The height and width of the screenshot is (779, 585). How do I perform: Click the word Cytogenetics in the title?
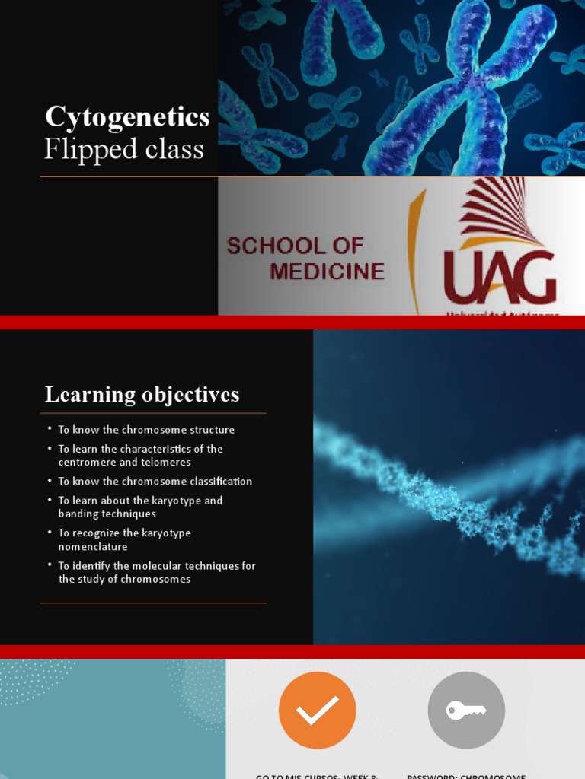[x=127, y=117]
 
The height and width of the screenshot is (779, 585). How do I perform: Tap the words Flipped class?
[x=123, y=149]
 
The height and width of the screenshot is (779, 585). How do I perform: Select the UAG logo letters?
[x=500, y=277]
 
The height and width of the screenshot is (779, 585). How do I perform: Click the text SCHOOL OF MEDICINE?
[x=305, y=258]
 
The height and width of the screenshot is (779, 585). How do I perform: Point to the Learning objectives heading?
[x=142, y=395]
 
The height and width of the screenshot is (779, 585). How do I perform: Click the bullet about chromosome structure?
[x=146, y=430]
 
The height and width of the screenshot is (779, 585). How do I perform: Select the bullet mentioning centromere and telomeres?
[x=141, y=456]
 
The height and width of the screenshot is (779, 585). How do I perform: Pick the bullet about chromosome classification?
[x=155, y=482]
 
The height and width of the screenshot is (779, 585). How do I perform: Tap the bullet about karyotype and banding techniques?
[x=141, y=507]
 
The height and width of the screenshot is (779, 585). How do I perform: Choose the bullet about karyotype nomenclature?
[x=125, y=540]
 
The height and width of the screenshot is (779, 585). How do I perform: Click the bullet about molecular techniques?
[x=157, y=573]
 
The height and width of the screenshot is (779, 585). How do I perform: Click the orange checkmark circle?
[x=317, y=711]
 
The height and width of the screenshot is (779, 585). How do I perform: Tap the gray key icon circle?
[x=466, y=711]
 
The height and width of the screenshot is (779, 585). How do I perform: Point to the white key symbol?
[x=465, y=711]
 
